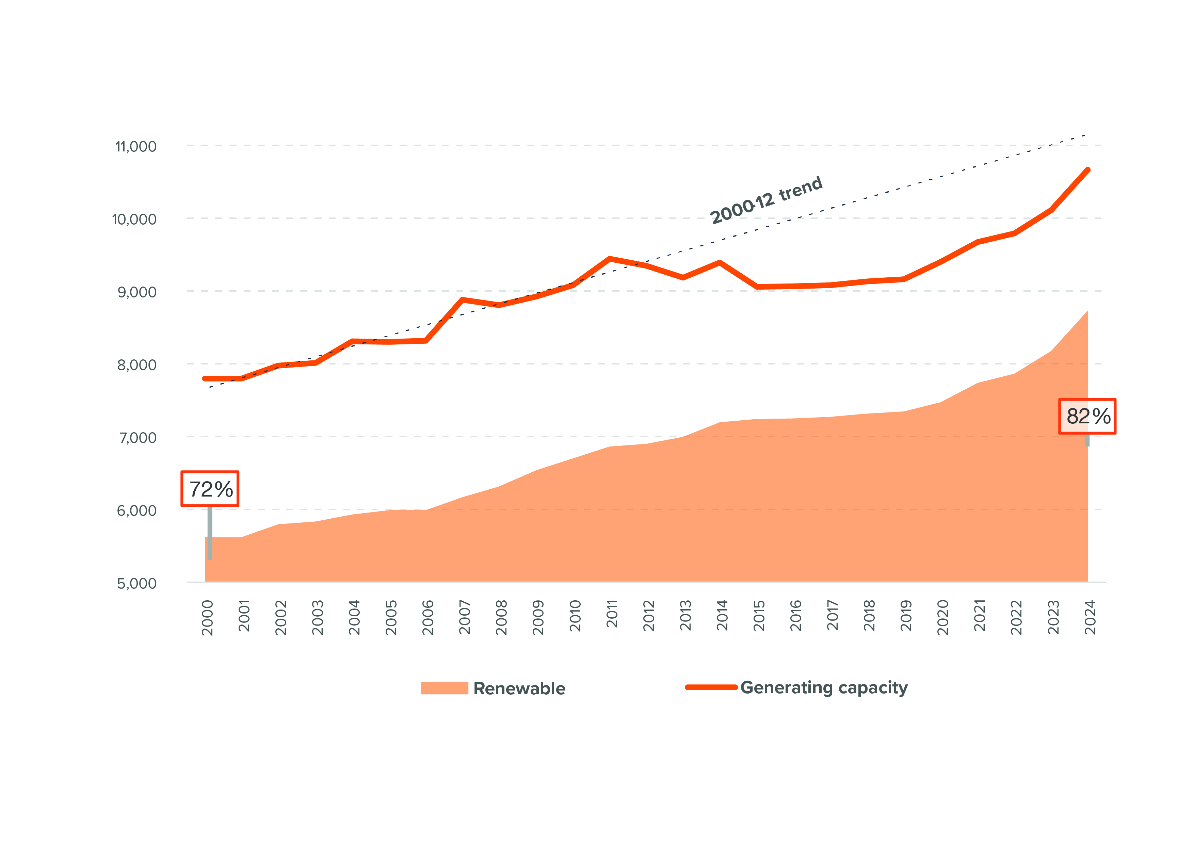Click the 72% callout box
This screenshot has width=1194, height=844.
point(210,489)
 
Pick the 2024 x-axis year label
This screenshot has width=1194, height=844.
point(1090,617)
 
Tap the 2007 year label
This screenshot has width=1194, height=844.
point(464,617)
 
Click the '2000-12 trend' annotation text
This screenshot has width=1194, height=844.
point(766,200)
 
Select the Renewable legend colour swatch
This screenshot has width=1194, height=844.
point(444,688)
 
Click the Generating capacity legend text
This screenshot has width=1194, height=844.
point(824,687)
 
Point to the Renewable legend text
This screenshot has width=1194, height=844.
point(519,688)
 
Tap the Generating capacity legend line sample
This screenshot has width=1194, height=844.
point(711,687)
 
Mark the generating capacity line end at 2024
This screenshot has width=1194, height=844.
point(1087,170)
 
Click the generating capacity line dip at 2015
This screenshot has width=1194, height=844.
point(757,287)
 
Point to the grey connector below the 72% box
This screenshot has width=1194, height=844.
point(210,533)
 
